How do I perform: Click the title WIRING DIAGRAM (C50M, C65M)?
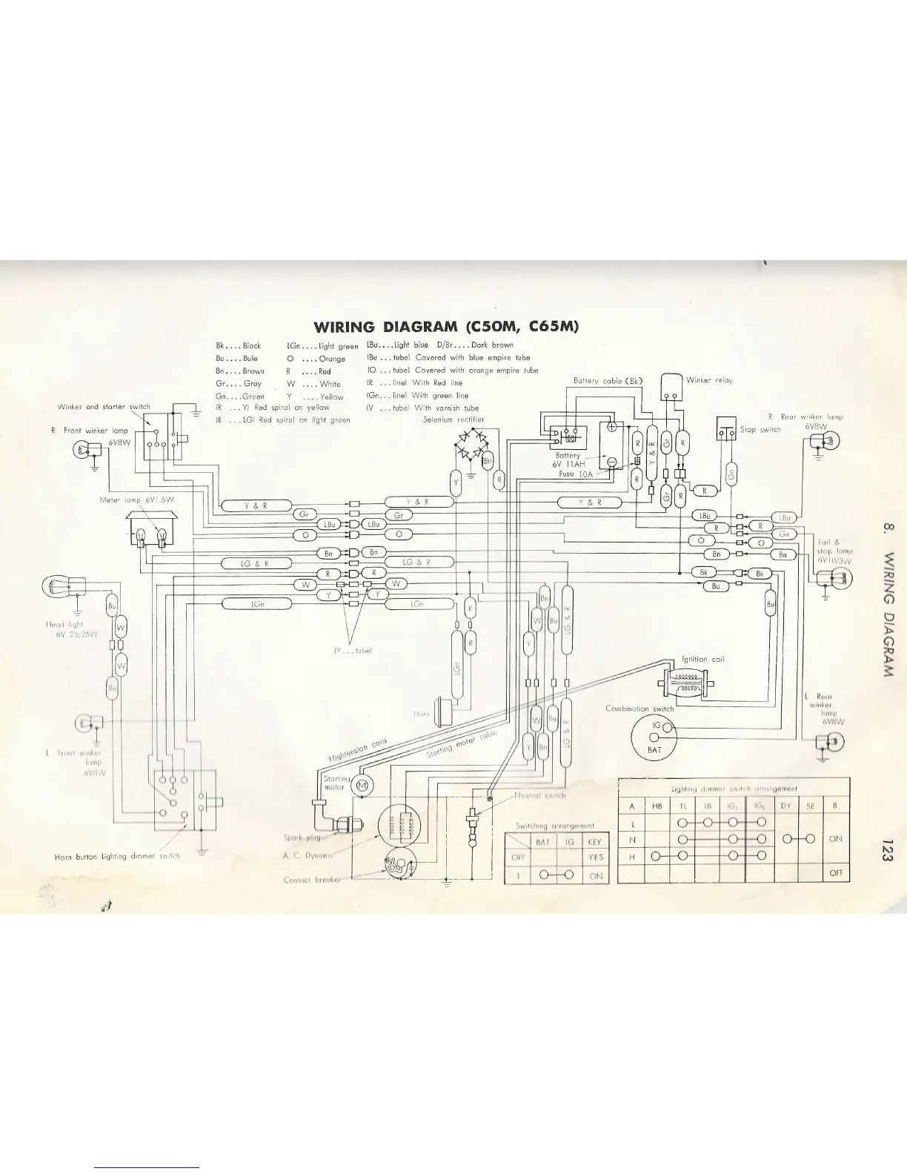(x=446, y=327)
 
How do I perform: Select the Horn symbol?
(x=448, y=709)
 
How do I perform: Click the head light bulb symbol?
(x=61, y=588)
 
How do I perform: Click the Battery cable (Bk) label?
(x=608, y=381)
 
